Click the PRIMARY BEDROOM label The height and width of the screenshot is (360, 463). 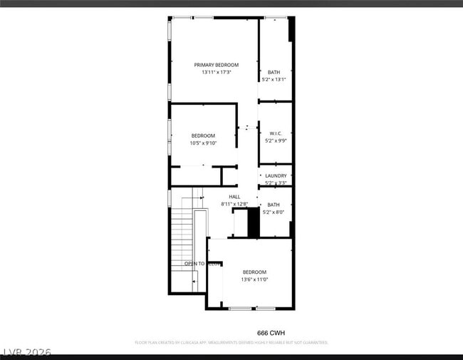pos(216,65)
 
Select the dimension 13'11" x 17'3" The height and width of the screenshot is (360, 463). pos(216,72)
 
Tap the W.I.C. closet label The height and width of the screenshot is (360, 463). pos(274,133)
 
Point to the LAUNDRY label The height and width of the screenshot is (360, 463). pos(276,175)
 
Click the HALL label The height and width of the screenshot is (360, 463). pos(234,197)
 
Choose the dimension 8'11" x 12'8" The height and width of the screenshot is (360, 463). pos(234,205)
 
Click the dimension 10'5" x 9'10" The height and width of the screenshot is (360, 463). pos(203,143)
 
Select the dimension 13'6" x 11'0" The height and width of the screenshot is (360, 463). pos(254,279)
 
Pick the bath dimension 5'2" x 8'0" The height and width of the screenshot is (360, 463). pos(274,212)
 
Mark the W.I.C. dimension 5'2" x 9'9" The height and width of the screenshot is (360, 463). pos(274,141)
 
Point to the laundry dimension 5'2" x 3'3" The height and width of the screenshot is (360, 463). pos(276,183)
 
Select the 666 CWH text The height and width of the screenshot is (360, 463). pos(270,333)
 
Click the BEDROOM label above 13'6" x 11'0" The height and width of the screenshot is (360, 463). pos(254,272)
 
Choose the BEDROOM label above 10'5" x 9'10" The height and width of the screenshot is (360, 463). pos(203,135)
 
